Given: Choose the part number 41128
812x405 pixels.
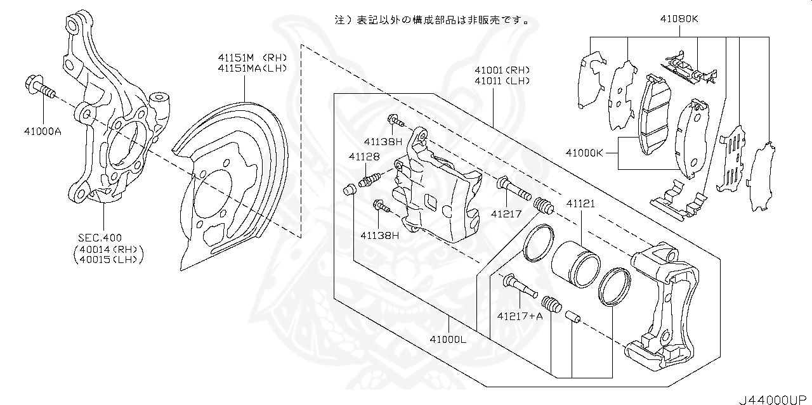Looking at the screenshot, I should pos(363,156).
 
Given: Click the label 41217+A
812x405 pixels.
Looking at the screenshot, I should pos(520,315).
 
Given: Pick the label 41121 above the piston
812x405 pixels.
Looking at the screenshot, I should pos(580,204).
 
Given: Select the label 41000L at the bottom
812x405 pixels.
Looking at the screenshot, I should pos(448,339).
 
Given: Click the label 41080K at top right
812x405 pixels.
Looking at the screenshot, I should pos(678,19).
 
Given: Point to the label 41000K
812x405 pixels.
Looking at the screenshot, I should pos(584,152).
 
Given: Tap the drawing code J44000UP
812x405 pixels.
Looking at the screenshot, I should pos(774,399).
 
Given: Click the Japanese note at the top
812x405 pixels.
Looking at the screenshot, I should pos(431,20).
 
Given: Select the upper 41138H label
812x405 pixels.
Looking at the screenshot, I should pos(383,141).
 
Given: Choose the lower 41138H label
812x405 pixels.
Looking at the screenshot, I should pos(379,235).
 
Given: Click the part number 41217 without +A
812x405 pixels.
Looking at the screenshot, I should pos(506,214).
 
